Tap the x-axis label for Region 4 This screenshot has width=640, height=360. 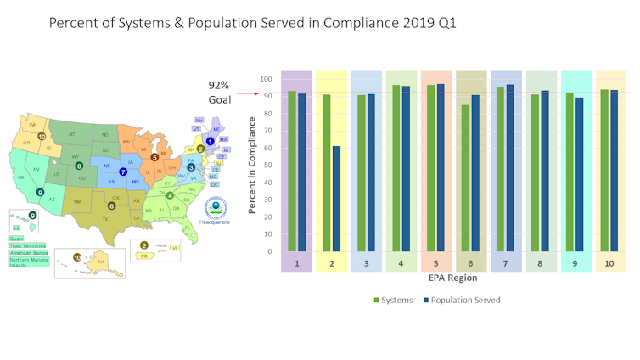click(401, 264)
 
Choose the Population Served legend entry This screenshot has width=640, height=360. click(463, 300)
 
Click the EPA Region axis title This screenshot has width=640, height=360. click(451, 278)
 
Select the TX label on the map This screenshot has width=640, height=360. click(106, 219)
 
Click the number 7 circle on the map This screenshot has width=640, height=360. click(123, 172)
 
